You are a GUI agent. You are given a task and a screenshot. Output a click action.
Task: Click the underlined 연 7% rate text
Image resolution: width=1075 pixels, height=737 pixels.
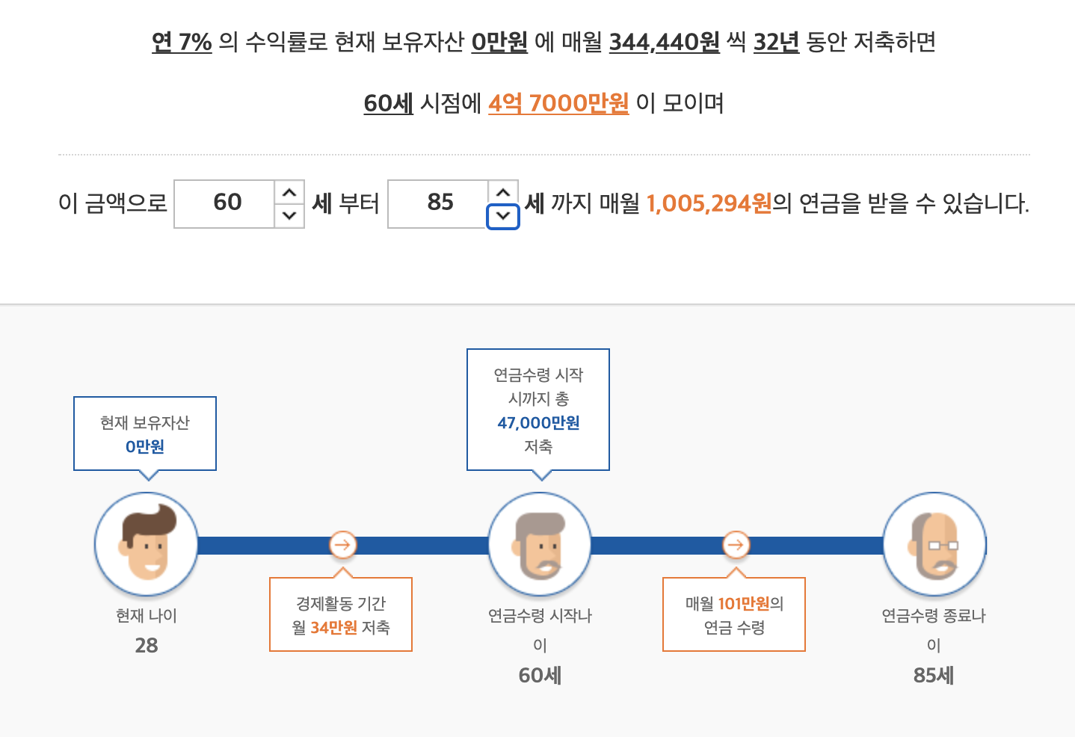pos(182,42)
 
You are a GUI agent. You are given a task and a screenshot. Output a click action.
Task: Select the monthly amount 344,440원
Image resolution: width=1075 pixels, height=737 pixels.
pos(664,42)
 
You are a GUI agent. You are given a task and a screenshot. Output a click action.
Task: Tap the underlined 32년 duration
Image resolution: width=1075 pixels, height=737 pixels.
pos(776,42)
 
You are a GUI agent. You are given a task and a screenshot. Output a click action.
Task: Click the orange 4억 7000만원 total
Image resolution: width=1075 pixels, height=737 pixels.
pos(558,103)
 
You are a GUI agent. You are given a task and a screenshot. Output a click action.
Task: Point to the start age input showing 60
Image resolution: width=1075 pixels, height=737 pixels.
pos(226,203)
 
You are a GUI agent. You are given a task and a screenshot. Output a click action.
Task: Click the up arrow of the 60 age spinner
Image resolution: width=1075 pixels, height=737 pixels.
pos(289,193)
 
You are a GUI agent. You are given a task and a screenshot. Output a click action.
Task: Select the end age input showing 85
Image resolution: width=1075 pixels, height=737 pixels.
pos(440,203)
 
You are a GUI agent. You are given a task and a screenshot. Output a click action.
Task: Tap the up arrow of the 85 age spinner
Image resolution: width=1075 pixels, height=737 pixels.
pos(503,192)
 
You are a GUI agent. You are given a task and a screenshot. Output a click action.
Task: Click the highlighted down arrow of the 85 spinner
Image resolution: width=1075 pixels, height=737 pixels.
pos(503,217)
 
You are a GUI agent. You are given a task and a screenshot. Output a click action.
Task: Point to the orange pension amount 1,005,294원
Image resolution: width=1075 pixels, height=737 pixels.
pos(709,203)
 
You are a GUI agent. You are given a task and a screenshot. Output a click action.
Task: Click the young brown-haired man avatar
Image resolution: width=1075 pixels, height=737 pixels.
pos(147,544)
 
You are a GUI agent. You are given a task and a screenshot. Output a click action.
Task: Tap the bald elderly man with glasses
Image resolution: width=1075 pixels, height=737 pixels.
pos(934,544)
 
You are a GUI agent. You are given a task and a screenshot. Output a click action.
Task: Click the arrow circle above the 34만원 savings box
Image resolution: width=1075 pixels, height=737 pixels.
pos(342,545)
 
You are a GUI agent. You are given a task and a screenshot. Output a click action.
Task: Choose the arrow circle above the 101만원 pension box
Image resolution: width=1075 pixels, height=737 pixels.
pos(736,545)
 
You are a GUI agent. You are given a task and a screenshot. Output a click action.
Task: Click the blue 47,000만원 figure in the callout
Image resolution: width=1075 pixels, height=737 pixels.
pos(538,423)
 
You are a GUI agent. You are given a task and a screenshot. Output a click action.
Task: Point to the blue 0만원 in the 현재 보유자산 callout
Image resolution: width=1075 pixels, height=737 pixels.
pos(145,447)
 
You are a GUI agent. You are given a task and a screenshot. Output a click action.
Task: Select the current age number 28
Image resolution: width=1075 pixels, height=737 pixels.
pos(147,646)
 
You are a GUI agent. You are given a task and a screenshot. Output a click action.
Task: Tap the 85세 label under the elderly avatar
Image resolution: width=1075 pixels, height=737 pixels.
pos(934,676)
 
